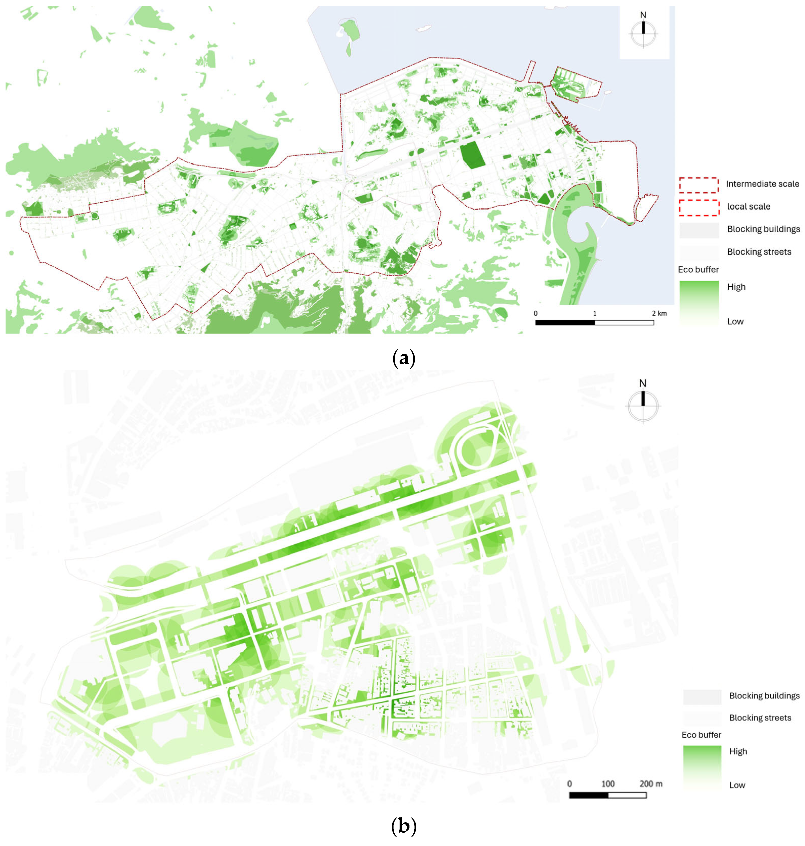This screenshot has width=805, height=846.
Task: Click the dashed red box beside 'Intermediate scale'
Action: click(x=699, y=185)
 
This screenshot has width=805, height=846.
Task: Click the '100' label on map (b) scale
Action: click(x=608, y=784)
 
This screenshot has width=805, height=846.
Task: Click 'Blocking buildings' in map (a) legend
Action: click(x=763, y=229)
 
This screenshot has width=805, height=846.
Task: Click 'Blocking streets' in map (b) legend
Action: click(x=760, y=718)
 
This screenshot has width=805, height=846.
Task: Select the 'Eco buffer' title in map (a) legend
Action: click(x=698, y=269)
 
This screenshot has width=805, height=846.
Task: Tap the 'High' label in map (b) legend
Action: click(x=738, y=751)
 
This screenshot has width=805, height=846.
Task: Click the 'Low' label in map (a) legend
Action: click(x=735, y=322)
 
